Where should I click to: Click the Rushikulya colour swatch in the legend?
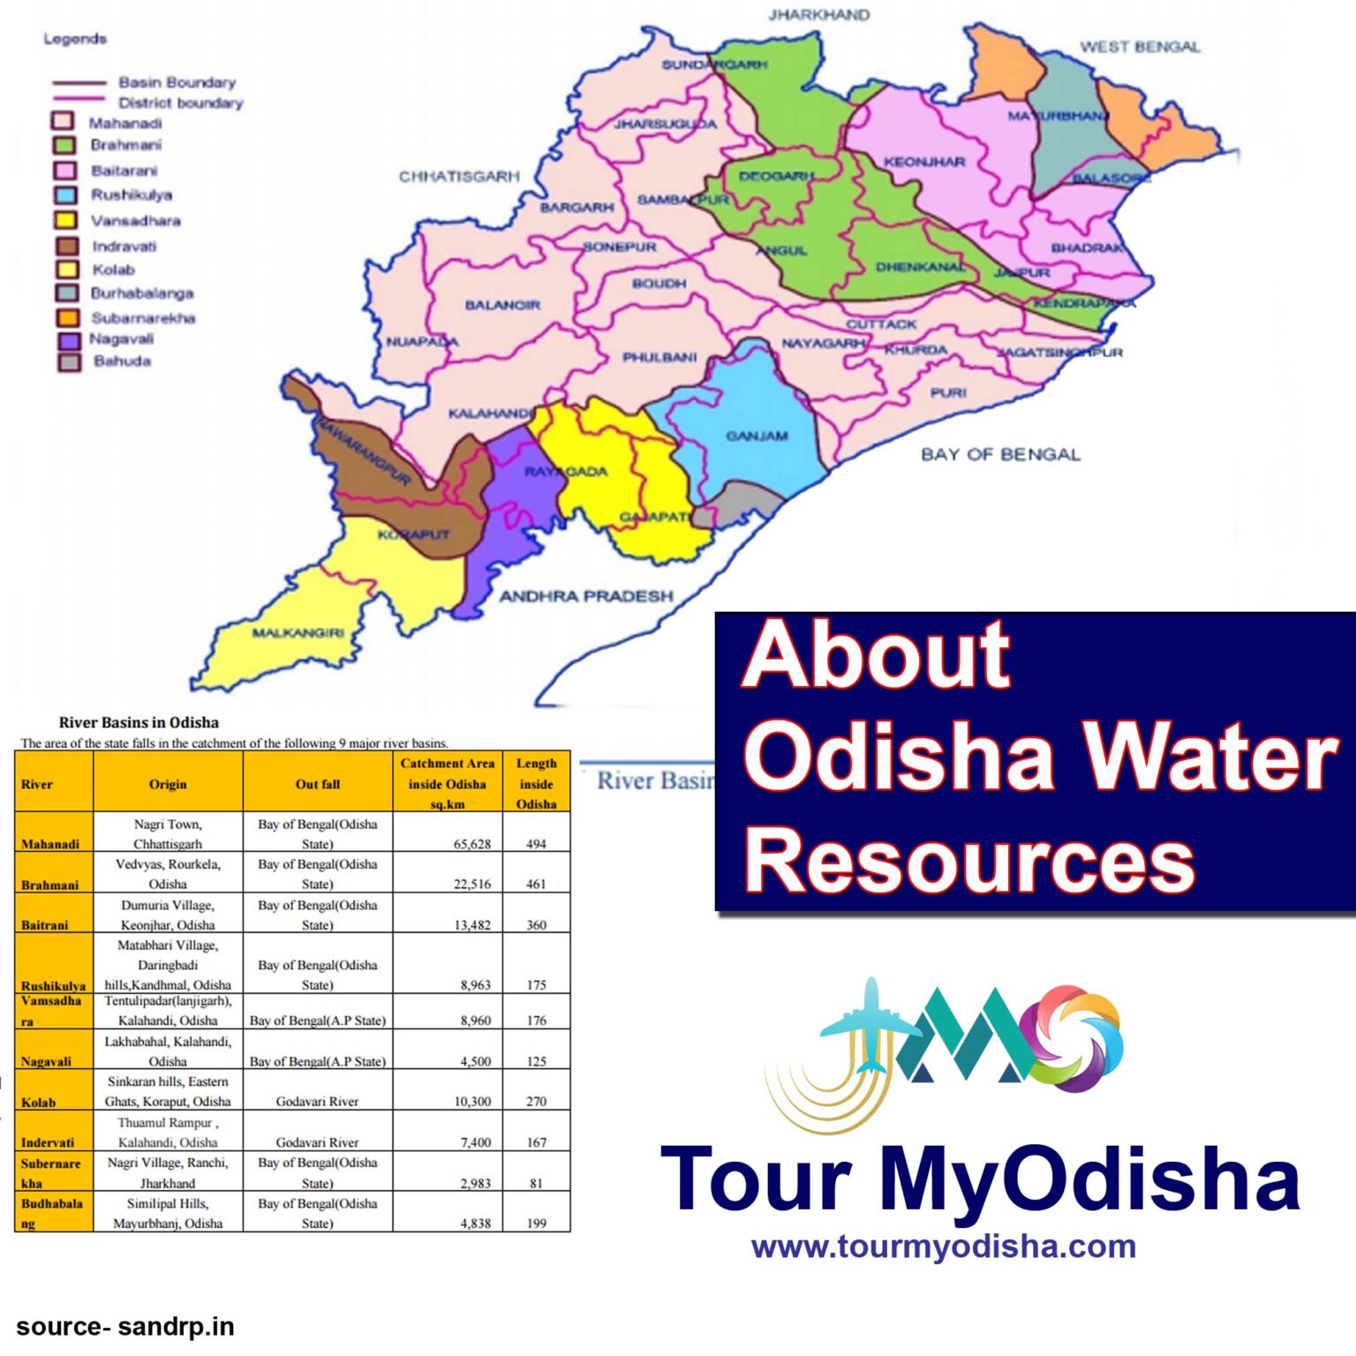click(65, 195)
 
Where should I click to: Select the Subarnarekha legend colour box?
click(67, 318)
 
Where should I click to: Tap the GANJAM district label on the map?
click(757, 436)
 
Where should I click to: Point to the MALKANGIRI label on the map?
click(298, 633)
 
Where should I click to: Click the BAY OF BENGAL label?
click(1000, 455)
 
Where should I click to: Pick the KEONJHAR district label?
click(924, 162)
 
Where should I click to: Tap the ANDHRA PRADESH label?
click(586, 597)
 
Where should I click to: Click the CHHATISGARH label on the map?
click(459, 177)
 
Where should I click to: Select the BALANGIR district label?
click(502, 305)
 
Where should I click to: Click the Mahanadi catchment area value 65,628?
click(472, 844)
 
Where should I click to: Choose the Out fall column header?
click(318, 784)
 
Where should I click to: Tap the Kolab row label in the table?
click(38, 1102)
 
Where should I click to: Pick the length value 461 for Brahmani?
click(536, 884)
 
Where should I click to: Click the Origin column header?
click(168, 784)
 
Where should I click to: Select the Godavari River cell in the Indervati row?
click(318, 1141)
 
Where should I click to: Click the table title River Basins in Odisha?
click(139, 722)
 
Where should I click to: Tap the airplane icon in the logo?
click(870, 1024)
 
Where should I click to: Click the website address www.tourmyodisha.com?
click(943, 1247)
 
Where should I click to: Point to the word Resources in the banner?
click(968, 862)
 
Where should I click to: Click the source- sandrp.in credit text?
click(124, 1327)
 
